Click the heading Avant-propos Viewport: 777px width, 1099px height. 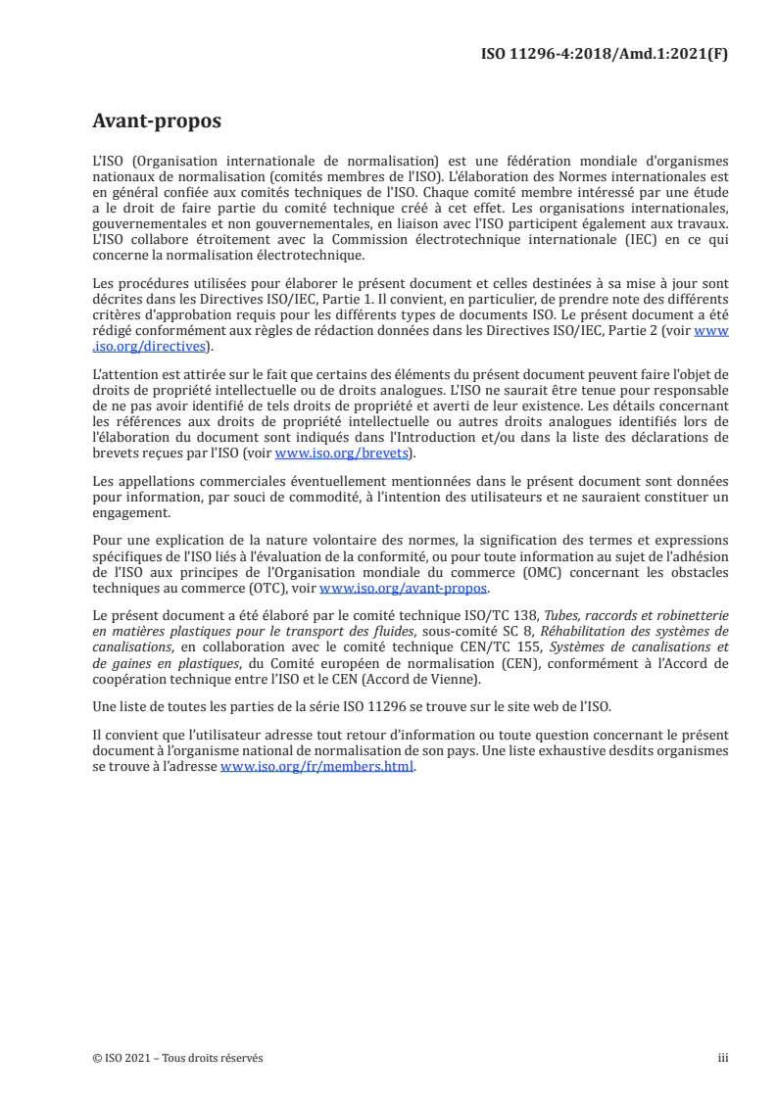click(157, 122)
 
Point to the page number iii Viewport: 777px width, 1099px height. click(723, 1058)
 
